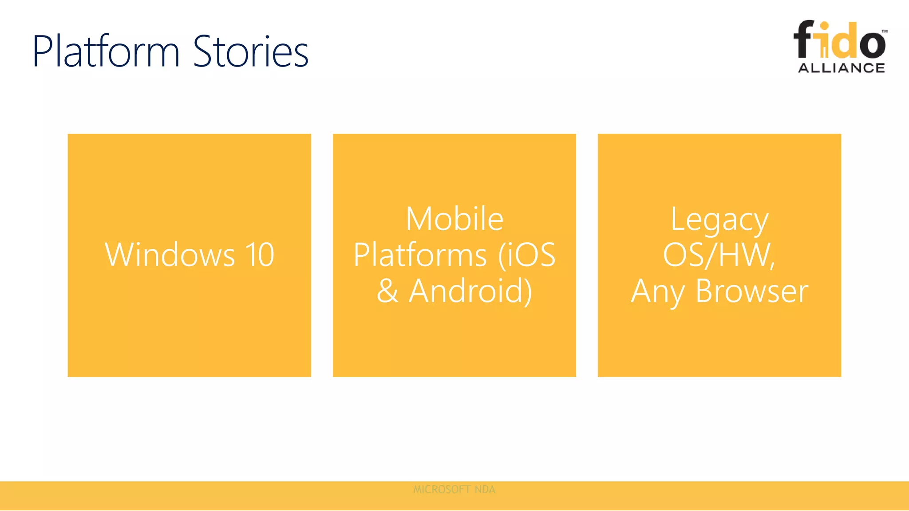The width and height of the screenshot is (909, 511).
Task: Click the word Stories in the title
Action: coord(251,52)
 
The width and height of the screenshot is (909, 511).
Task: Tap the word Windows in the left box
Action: coord(170,255)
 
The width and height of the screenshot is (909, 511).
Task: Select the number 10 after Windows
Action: coord(260,255)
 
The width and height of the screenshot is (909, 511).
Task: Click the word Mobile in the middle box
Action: coord(454,219)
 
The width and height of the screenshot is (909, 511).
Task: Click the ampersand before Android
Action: coord(387,291)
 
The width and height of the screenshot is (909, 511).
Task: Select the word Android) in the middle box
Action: coord(470,291)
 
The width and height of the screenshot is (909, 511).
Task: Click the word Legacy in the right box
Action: coord(719,220)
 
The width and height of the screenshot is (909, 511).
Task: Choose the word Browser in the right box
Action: coord(752,291)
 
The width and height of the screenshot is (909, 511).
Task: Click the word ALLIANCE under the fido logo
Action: coord(842,68)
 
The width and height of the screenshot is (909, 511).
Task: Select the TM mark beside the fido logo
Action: coord(885,31)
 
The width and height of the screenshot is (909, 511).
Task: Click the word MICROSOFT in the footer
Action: coord(442,490)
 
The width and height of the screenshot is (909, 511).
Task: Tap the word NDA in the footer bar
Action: coord(485,490)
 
